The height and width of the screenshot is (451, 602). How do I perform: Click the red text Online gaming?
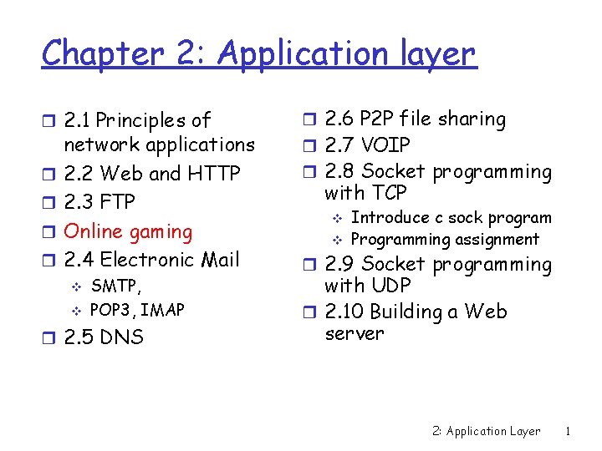(x=128, y=231)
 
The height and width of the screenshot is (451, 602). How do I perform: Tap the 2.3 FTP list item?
(x=99, y=202)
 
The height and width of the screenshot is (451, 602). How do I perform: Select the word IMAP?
(x=163, y=311)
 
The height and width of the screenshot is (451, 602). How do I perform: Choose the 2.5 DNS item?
(x=104, y=337)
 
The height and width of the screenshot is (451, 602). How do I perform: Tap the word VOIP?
(x=387, y=146)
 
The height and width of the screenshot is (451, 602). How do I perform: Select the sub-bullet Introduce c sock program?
(x=451, y=218)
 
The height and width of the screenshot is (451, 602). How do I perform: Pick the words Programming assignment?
(x=445, y=240)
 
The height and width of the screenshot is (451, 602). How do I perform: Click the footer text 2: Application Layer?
(x=486, y=431)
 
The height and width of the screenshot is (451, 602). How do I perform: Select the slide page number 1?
(x=568, y=431)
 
